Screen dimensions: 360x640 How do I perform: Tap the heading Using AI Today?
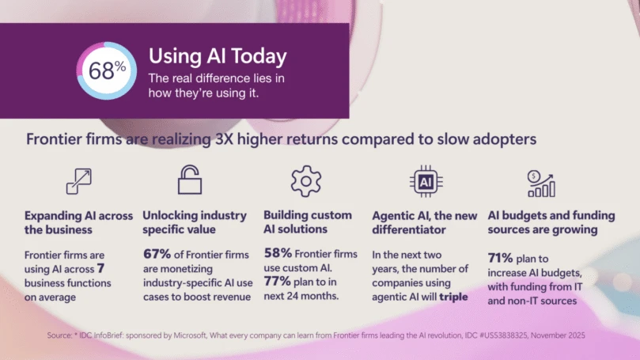pyautogui.click(x=218, y=57)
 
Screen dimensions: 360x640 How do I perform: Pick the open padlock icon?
pyautogui.click(x=189, y=181)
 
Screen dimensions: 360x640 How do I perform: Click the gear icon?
pyautogui.click(x=306, y=182)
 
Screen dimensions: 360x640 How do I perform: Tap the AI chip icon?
pyautogui.click(x=425, y=182)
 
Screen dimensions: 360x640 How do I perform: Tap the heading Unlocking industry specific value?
pyautogui.click(x=195, y=222)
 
